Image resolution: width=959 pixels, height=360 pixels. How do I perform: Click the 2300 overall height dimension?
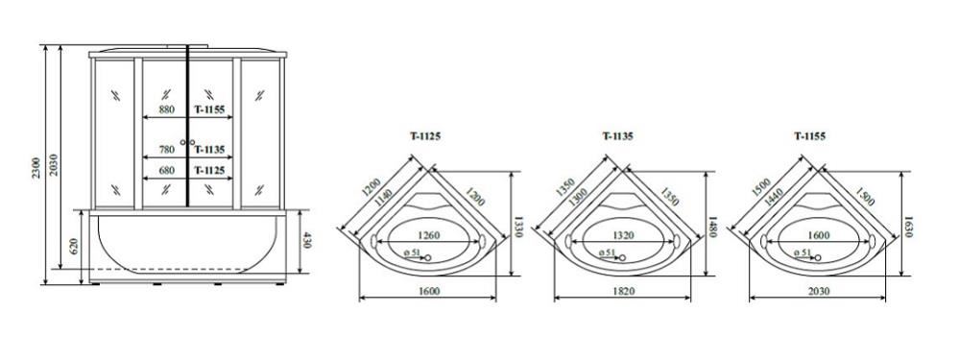click(x=36, y=167)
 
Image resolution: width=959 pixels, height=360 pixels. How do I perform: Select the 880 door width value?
click(x=166, y=110)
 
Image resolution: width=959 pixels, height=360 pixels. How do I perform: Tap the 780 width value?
click(x=166, y=149)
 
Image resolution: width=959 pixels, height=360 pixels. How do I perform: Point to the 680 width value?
click(x=166, y=171)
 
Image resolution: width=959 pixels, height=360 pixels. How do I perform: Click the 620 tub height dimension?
click(x=75, y=247)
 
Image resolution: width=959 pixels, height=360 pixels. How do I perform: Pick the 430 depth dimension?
click(x=306, y=241)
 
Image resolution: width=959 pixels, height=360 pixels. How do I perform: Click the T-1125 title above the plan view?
click(x=424, y=136)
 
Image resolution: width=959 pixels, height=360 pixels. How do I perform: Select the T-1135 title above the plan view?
click(x=617, y=136)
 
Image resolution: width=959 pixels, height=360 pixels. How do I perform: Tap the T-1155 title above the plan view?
click(x=810, y=136)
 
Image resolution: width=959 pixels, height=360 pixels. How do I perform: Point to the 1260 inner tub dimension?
click(x=428, y=235)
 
